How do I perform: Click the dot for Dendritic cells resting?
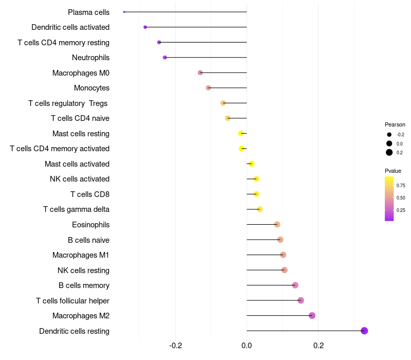tap(364, 331)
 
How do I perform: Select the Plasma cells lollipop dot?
tap(124, 12)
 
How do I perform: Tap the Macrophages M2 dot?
tap(312, 315)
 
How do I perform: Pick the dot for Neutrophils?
tap(164, 58)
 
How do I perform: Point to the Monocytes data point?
tap(208, 88)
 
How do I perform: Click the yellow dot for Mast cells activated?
tap(251, 164)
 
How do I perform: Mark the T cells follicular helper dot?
tap(301, 300)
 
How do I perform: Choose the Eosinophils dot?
tap(277, 224)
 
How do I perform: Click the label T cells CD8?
tap(90, 194)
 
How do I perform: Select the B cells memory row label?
tap(84, 285)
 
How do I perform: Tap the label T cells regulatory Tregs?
tap(68, 103)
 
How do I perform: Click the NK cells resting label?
tap(83, 270)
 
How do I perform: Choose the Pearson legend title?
tap(395, 124)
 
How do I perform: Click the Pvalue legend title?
tap(393, 171)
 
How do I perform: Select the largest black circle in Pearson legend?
tap(389, 152)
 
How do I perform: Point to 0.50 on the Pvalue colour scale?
tap(401, 197)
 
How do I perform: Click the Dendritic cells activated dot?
tap(145, 27)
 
